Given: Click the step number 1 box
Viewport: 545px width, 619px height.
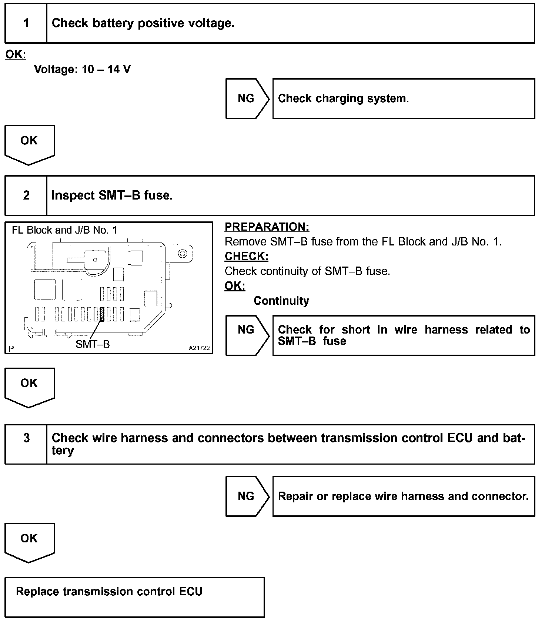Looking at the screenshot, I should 26,23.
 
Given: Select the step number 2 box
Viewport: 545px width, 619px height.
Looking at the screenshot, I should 26,195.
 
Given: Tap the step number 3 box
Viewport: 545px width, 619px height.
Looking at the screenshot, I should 26,444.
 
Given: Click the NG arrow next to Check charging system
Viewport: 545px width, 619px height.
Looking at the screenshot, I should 247,98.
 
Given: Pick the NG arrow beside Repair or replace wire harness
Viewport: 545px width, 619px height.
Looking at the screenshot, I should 247,496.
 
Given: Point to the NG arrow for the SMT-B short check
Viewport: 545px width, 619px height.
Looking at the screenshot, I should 247,335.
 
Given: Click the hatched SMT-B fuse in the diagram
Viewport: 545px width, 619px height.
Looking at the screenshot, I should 102,314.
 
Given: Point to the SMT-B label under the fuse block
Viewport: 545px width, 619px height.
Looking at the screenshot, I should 93,344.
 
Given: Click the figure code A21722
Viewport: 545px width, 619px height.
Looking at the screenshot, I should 199,348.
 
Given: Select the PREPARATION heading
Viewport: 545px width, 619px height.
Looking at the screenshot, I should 267,227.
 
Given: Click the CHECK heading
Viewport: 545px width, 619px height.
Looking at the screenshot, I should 246,256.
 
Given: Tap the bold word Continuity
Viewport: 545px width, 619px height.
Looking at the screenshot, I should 281,301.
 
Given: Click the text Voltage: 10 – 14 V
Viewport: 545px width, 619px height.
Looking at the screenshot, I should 82,69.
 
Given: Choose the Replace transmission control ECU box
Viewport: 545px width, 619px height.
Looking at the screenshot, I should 134,597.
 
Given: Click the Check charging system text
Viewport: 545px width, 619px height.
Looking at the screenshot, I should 343,98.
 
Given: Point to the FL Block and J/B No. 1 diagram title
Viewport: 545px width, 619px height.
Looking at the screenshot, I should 64,230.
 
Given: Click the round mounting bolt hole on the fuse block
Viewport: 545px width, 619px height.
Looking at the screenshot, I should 183,254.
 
